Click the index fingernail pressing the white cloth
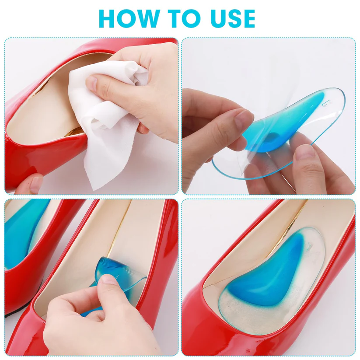pyautogui.click(x=92, y=82)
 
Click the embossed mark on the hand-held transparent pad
pyautogui.click(x=326, y=103)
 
